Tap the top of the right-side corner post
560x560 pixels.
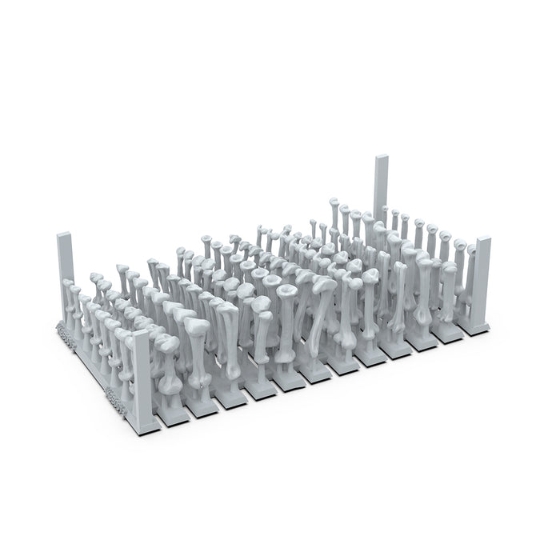(x=482, y=240)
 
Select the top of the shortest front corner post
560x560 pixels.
(x=141, y=334)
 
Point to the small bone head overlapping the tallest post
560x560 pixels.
(x=386, y=210)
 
